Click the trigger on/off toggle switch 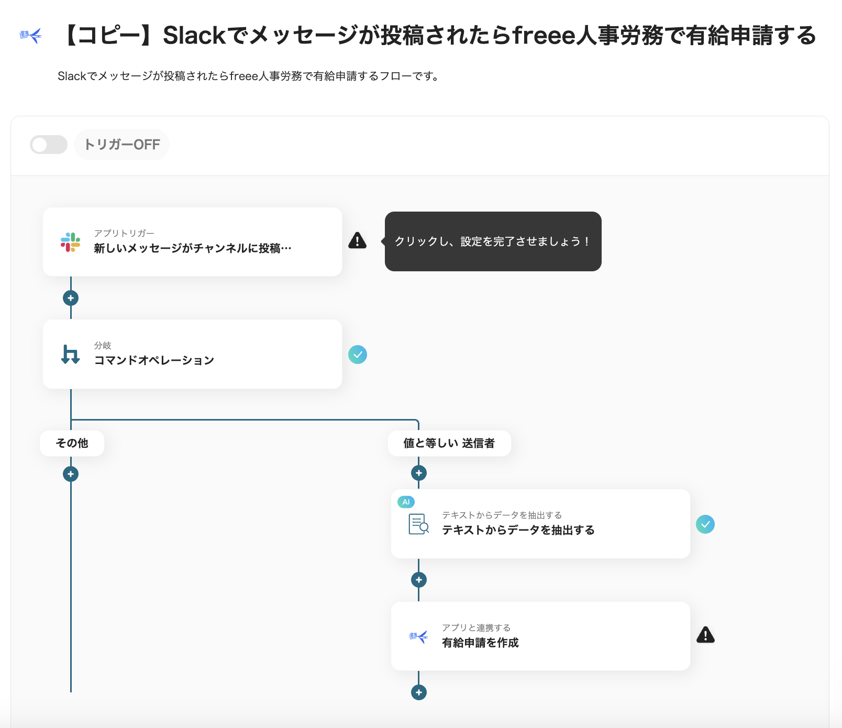click(x=49, y=145)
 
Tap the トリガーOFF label click(x=122, y=145)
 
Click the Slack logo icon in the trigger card click(x=70, y=242)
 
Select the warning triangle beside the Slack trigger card click(x=357, y=240)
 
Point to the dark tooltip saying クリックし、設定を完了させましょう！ click(x=493, y=241)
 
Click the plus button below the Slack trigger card click(x=71, y=298)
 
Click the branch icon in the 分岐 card click(x=70, y=354)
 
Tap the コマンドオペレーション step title click(x=154, y=360)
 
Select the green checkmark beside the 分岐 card click(x=358, y=355)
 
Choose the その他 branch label click(x=72, y=443)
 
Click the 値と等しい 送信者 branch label click(x=449, y=443)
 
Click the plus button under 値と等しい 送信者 click(x=419, y=473)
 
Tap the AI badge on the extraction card click(x=406, y=502)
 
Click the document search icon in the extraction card click(x=418, y=524)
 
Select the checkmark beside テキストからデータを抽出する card click(x=705, y=524)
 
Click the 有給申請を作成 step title click(x=480, y=643)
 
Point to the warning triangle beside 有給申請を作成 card click(x=705, y=635)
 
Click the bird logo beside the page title click(x=31, y=36)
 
